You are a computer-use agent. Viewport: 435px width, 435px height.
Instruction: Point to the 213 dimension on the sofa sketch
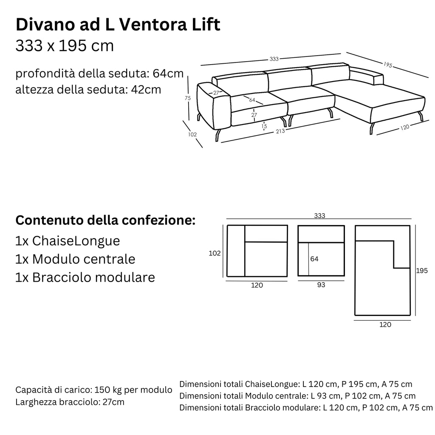280,131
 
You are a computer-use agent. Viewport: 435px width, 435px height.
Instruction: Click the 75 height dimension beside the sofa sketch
187,98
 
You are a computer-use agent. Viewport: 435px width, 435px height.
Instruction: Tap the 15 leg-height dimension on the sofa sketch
264,126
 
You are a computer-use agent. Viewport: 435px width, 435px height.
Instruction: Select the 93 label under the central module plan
321,285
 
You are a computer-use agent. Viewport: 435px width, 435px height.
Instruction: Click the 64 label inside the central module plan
314,259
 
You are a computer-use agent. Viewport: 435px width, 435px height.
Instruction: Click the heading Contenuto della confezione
105,221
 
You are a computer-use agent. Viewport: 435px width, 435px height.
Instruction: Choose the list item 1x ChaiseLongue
68,241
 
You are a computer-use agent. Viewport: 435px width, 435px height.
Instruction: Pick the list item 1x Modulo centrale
75,259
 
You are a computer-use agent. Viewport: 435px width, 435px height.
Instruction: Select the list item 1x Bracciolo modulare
85,277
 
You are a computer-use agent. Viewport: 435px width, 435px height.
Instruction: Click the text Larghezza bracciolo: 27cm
70,402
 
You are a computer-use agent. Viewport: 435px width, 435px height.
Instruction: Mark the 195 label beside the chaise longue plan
422,271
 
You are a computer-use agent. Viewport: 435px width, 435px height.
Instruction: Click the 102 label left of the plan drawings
215,253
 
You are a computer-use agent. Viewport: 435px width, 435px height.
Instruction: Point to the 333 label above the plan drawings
319,216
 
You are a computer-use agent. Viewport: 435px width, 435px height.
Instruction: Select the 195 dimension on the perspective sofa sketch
387,65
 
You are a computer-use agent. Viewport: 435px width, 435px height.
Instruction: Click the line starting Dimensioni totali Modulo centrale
297,396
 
